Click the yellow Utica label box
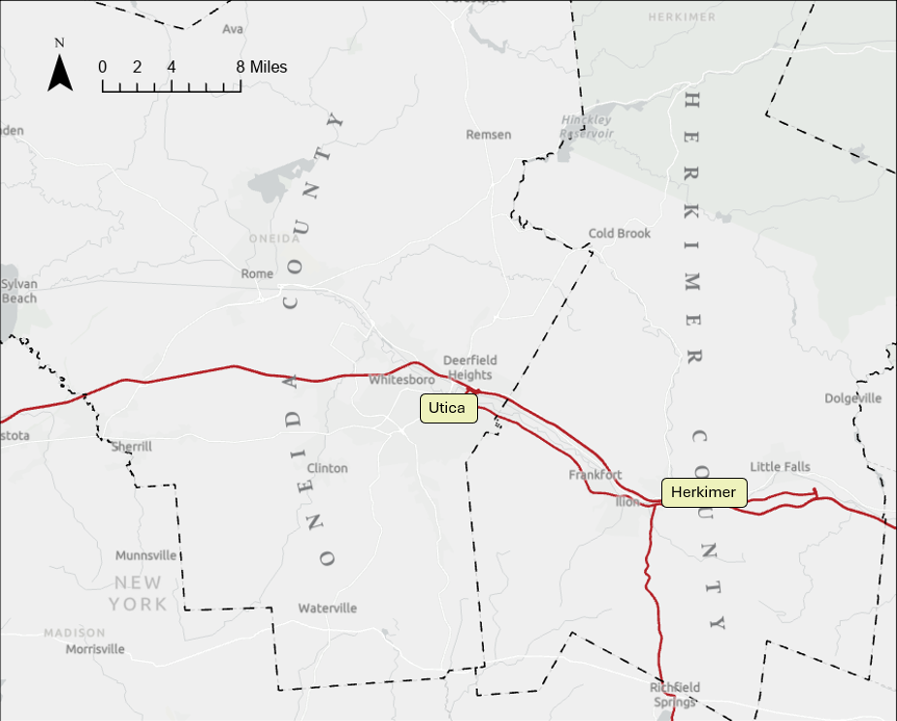point(449,408)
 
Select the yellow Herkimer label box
point(704,492)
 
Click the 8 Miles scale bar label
point(262,68)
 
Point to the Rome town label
point(257,273)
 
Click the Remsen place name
point(489,135)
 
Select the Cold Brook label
point(620,234)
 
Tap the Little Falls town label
point(780,467)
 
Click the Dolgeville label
point(853,398)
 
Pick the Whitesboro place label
point(401,380)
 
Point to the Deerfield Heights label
point(469,367)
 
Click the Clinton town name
point(327,468)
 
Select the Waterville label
point(328,609)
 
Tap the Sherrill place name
point(132,446)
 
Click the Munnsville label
point(146,556)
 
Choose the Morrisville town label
point(95,649)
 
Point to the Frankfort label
point(595,475)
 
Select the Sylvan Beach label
point(18,291)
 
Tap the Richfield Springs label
point(674,695)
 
